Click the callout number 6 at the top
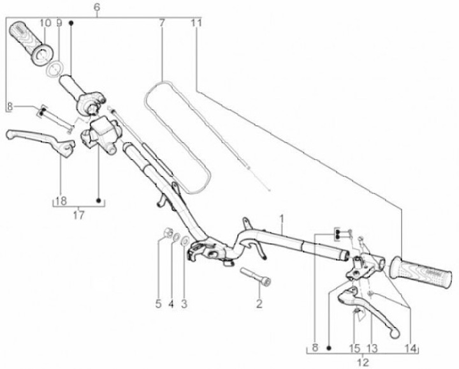[x=97, y=7]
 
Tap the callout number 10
[x=45, y=23]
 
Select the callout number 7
[x=162, y=23]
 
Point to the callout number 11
[x=197, y=23]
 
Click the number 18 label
[x=61, y=201]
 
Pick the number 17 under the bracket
[x=78, y=215]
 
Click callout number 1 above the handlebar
[x=282, y=219]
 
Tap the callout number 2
[x=259, y=304]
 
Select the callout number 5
[x=158, y=304]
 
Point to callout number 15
[x=354, y=349]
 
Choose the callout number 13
[x=372, y=349]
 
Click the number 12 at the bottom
[x=363, y=363]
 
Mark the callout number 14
[x=410, y=349]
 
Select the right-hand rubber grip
[x=421, y=272]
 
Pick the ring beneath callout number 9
[x=55, y=68]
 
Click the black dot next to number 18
[x=99, y=200]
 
